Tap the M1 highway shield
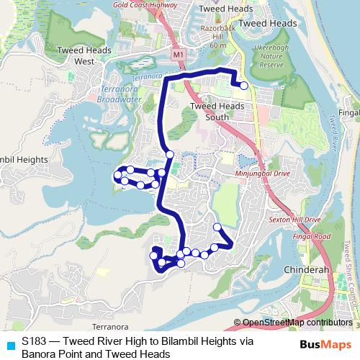178,54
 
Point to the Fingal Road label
311,236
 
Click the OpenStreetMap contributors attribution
292,323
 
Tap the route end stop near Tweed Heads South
244,86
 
